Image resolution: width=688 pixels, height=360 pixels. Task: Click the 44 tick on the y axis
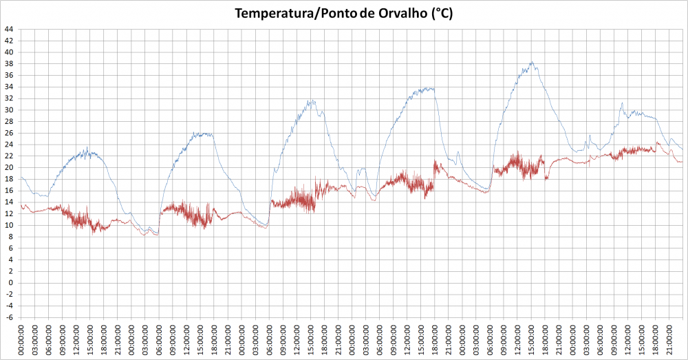(x=9, y=29)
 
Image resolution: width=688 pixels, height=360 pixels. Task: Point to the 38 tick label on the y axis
(x=9, y=63)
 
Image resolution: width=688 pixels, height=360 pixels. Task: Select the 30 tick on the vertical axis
(x=9, y=110)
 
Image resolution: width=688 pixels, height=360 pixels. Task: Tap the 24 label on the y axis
(x=9, y=145)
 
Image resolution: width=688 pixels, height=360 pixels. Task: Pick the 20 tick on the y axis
(x=9, y=167)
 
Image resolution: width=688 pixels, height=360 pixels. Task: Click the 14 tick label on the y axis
(x=9, y=202)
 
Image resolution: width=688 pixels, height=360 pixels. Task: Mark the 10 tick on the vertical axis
(x=9, y=225)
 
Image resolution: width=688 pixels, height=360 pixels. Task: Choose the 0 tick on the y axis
(x=11, y=283)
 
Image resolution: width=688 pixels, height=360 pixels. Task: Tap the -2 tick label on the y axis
(x=10, y=294)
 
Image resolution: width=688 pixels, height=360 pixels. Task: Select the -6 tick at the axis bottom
(x=10, y=317)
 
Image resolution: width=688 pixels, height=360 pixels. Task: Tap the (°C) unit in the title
(x=442, y=14)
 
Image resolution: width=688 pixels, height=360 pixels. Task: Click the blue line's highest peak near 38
(x=532, y=62)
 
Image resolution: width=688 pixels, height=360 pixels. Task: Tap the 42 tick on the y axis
(x=9, y=41)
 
